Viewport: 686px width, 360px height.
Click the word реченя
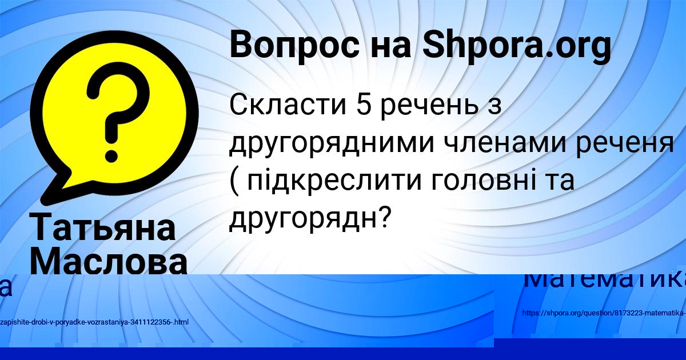coord(629,143)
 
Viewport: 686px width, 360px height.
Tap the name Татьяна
coord(103,227)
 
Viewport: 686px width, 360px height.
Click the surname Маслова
coord(109,262)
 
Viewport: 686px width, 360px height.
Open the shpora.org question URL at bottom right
coord(604,313)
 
